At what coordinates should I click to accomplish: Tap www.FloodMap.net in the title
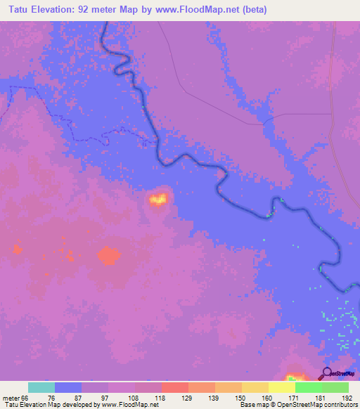(x=195, y=10)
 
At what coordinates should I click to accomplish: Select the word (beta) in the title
(x=252, y=10)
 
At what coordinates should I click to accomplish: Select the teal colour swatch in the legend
(x=41, y=387)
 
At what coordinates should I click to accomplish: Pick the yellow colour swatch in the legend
(x=281, y=387)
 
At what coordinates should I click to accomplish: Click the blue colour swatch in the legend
(x=68, y=387)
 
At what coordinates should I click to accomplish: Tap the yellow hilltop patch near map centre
(x=158, y=200)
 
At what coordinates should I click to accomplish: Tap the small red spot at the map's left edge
(x=18, y=247)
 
